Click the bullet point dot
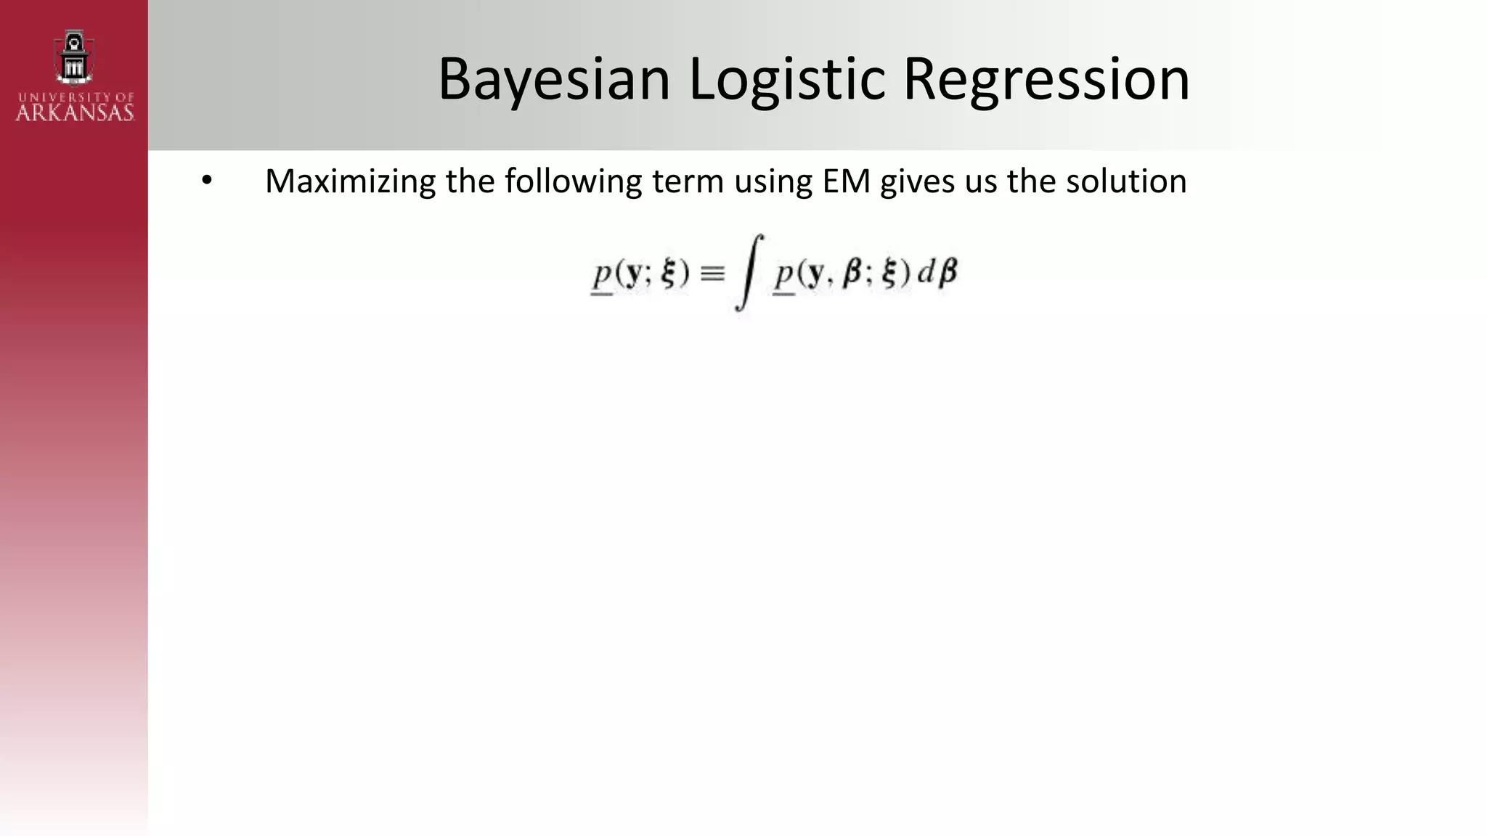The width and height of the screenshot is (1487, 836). click(x=207, y=181)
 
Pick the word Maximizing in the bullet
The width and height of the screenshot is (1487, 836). click(x=350, y=181)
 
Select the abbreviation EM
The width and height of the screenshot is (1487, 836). click(x=846, y=181)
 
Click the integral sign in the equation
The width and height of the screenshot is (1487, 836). click(x=748, y=273)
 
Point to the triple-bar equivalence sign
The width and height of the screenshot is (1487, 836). click(x=712, y=274)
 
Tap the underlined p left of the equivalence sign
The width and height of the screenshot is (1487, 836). click(x=603, y=276)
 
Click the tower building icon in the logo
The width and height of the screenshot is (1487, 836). click(x=74, y=57)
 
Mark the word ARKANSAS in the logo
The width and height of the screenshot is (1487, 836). click(x=75, y=112)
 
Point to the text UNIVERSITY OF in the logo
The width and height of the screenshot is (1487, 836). click(x=76, y=97)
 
